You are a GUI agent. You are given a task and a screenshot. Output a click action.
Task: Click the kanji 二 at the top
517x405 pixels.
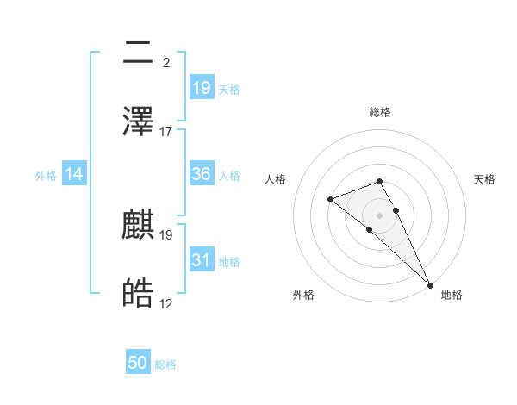point(139,53)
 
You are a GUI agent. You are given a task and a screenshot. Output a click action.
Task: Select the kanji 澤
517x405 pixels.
point(139,121)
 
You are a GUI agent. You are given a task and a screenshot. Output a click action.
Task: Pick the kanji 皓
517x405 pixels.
point(139,295)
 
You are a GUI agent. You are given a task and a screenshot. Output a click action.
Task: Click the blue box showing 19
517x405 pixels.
point(202,87)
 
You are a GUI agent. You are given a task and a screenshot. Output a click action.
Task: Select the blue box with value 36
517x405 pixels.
point(202,174)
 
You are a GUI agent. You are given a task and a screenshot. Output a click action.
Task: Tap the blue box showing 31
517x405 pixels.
point(202,260)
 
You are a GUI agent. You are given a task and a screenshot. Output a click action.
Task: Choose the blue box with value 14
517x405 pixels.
point(74,174)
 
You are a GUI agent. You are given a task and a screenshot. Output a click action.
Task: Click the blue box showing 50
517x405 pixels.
point(138,363)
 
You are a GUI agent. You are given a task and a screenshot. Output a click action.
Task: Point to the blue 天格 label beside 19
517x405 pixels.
point(229,89)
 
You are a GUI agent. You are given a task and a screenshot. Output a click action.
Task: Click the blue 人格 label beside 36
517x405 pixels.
point(229,175)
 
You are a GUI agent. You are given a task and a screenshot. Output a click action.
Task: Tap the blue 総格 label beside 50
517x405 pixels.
point(165,364)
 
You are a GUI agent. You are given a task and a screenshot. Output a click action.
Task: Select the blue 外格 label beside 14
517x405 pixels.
point(46,175)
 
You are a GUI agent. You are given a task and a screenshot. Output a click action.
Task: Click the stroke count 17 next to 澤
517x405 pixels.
point(166,132)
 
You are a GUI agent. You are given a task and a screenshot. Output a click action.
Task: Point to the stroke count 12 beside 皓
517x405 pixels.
point(166,304)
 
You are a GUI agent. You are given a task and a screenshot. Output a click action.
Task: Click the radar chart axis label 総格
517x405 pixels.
point(380,112)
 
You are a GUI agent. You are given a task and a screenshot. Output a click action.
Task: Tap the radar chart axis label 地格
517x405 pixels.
point(452,295)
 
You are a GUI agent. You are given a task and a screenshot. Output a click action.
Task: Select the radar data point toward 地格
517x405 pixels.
point(430,283)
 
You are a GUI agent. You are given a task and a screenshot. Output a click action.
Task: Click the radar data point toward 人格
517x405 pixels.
point(331,200)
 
